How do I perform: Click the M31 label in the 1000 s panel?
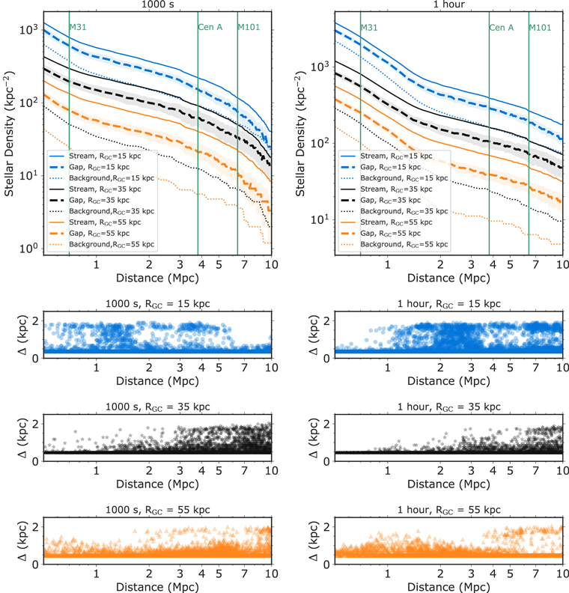coord(77,27)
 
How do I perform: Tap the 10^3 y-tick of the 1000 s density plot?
coord(29,30)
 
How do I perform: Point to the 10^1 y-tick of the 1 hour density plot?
coord(320,219)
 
